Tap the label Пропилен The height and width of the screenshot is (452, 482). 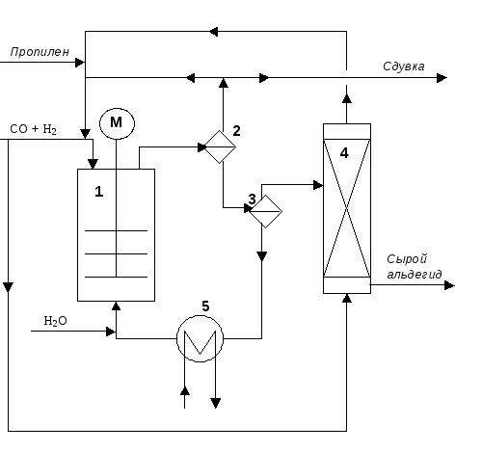click(40, 52)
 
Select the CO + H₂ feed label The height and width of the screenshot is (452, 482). click(34, 129)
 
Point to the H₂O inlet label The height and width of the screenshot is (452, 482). click(55, 321)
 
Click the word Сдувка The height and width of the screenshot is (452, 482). click(404, 66)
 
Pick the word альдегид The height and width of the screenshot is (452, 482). click(415, 275)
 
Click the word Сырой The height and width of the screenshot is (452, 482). click(407, 259)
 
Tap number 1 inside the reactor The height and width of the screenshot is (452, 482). click(99, 192)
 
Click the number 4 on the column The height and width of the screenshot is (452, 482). click(344, 153)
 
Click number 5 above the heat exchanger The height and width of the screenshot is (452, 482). click(205, 306)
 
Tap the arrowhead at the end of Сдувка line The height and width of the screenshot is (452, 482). click(442, 78)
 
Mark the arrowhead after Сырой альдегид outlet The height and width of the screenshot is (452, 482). click(450, 285)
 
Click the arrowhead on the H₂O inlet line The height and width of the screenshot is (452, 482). click(111, 332)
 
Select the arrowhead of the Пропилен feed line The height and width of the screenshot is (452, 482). click(80, 63)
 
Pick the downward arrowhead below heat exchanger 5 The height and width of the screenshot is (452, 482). click(216, 403)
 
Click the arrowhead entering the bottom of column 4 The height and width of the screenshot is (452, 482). click(347, 298)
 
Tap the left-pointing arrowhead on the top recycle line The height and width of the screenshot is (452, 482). click(213, 32)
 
